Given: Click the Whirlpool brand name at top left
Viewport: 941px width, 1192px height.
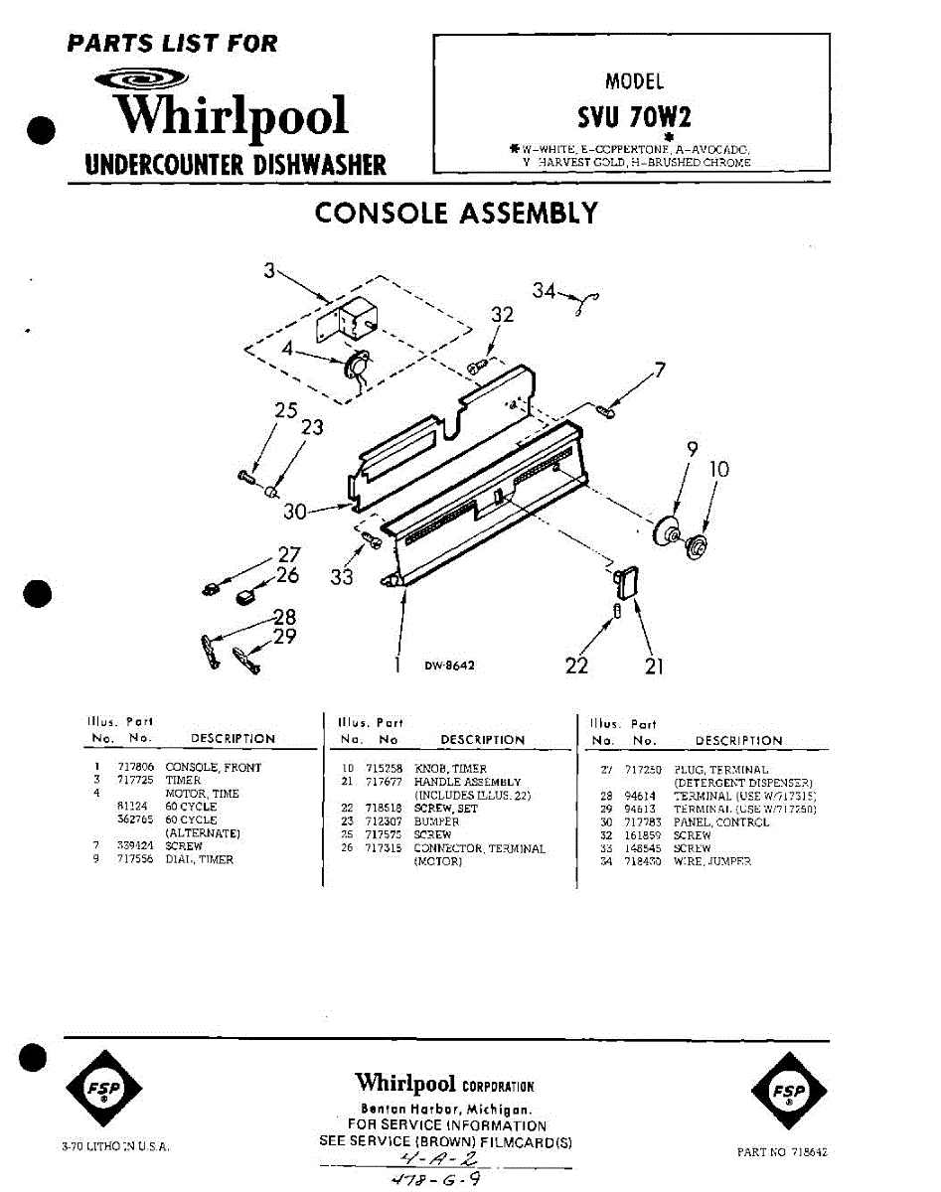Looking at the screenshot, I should pos(231,116).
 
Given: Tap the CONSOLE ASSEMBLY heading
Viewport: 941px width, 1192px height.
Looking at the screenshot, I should pos(456,214).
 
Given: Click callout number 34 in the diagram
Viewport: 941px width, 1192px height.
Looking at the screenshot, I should pos(543,290).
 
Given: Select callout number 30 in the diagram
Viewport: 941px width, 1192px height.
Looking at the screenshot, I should pos(295,512).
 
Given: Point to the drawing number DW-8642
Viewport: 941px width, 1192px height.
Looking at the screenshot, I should pos(449,666).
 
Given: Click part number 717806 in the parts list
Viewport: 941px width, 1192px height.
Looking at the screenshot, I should pos(133,768).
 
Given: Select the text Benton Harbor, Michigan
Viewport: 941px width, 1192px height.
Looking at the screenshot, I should pos(446,1109).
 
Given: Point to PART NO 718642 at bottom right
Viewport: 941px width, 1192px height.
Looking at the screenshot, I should pos(782,1152).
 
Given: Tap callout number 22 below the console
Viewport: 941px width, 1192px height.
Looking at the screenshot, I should pos(576,666).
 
